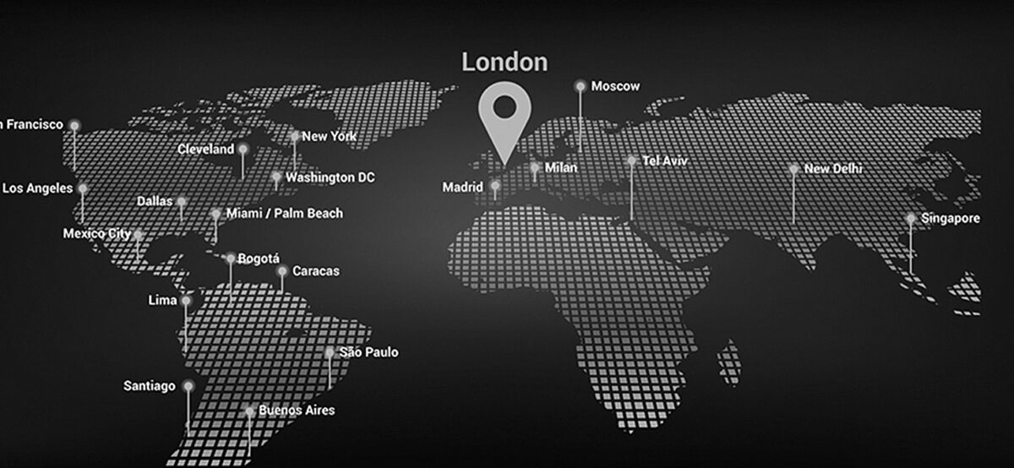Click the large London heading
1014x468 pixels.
click(x=504, y=62)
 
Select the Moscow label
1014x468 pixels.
click(x=615, y=86)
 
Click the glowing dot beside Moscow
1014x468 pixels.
click(x=580, y=85)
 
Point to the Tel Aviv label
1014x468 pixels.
click(x=665, y=160)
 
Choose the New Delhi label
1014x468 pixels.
click(x=833, y=169)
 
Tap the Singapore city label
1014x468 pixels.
click(x=951, y=219)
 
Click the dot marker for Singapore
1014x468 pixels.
click(x=910, y=218)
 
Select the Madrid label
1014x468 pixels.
click(x=463, y=187)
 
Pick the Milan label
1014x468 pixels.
click(x=561, y=168)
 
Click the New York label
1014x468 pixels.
click(x=329, y=136)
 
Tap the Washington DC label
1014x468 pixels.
click(x=330, y=177)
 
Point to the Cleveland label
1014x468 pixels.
click(x=206, y=149)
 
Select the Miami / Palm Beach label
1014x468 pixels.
click(x=285, y=214)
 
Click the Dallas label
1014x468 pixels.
click(x=155, y=202)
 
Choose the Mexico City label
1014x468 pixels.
click(x=96, y=233)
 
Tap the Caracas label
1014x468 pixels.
click(x=315, y=271)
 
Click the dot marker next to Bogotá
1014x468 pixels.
click(x=231, y=258)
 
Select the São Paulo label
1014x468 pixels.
click(x=368, y=352)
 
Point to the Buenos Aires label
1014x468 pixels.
click(x=297, y=411)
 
